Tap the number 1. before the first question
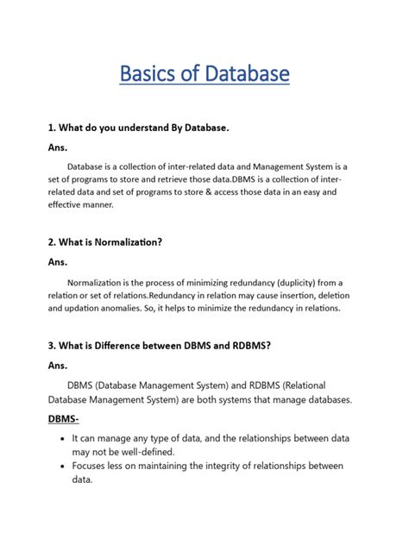pyautogui.click(x=53, y=128)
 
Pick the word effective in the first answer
pyautogui.click(x=70, y=206)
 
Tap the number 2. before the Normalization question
pyautogui.click(x=53, y=242)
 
